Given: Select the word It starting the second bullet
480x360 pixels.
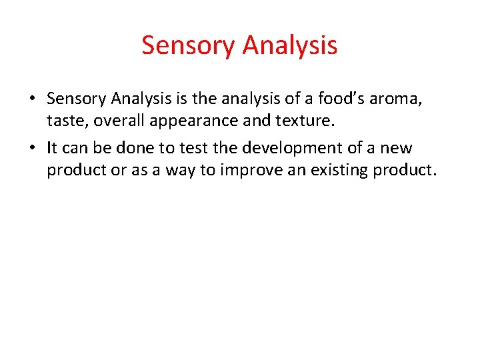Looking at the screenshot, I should tap(53, 147).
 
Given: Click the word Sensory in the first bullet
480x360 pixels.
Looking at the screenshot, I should tap(76, 99).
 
